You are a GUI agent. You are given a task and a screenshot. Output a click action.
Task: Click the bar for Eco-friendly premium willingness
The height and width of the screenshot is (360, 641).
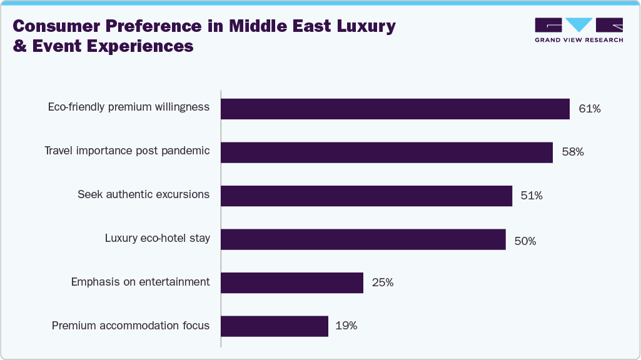[x=395, y=109]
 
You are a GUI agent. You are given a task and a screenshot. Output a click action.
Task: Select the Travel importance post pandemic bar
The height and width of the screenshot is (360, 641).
[x=386, y=152]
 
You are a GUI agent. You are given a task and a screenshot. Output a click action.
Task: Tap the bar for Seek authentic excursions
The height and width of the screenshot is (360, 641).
[x=366, y=196]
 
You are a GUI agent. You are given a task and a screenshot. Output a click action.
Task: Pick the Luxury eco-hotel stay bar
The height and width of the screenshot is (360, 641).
[x=363, y=239]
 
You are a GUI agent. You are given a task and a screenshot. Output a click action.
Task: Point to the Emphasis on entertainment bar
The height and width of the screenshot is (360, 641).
[x=292, y=282]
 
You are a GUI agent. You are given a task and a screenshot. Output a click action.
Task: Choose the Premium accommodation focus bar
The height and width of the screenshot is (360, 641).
[x=275, y=326]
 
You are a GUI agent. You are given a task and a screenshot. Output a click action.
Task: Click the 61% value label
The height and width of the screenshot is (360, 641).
[x=590, y=109]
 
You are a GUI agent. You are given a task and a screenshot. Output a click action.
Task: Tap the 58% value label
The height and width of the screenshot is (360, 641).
[x=573, y=152]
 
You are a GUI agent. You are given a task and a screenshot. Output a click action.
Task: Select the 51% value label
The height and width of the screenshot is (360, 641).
[x=532, y=196]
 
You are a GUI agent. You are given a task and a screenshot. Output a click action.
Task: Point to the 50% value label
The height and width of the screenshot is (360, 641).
[x=525, y=240]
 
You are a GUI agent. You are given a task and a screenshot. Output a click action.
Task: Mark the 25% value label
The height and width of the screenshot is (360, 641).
[x=383, y=282]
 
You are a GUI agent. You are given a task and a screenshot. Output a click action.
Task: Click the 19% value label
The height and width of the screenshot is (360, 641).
[x=346, y=326]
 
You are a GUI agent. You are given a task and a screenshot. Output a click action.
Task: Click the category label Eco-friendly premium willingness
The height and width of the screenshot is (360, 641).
[x=129, y=107]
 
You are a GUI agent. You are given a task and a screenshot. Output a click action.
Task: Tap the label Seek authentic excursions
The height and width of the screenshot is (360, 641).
[x=143, y=194]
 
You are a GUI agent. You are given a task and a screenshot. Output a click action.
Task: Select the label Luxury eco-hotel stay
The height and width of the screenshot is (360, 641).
[x=158, y=238]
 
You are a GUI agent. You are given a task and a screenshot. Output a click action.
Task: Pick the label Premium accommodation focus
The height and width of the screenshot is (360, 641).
[x=131, y=326]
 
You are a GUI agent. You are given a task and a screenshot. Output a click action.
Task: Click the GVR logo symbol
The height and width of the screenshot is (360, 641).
[x=579, y=25]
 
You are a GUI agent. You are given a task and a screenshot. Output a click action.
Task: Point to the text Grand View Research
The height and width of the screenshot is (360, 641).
[x=579, y=40]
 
